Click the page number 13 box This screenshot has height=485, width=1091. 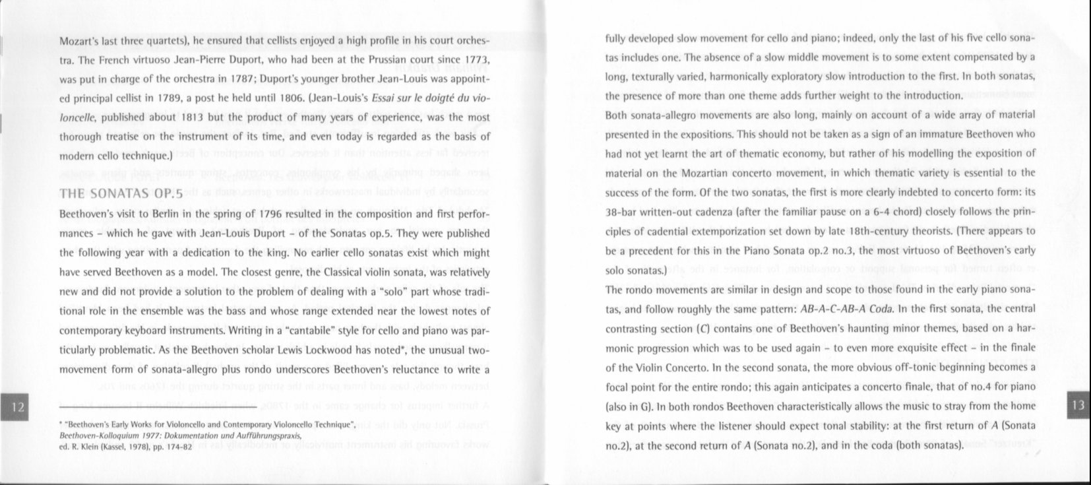pyautogui.click(x=1078, y=405)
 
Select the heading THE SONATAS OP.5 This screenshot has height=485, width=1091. pyautogui.click(x=121, y=195)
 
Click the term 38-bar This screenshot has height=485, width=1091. pyautogui.click(x=622, y=212)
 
